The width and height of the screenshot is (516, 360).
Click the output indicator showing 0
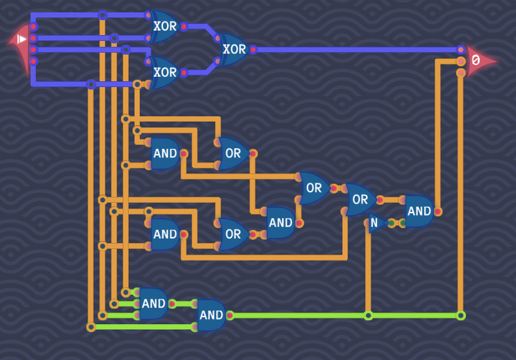tap(478, 61)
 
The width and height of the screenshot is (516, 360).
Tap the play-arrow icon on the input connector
tap(22, 39)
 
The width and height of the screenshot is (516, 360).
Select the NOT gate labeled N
tap(375, 223)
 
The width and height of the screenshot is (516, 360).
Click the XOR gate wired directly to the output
tap(233, 49)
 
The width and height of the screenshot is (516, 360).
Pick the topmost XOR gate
tap(164, 27)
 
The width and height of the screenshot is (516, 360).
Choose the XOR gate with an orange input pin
tap(164, 72)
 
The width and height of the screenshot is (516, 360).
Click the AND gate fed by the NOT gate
tap(419, 211)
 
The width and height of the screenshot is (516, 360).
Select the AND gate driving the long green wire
tap(211, 315)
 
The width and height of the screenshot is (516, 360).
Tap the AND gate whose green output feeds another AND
tap(153, 303)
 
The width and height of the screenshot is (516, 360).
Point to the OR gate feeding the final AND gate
tap(359, 199)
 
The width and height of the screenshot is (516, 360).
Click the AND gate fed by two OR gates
tap(280, 223)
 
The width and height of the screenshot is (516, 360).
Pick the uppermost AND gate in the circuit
tap(165, 153)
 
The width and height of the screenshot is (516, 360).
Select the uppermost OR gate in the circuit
tap(233, 153)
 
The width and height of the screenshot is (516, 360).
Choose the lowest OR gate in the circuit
tap(233, 234)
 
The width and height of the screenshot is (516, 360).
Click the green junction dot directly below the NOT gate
tap(368, 315)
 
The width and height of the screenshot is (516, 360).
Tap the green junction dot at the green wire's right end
tap(461, 315)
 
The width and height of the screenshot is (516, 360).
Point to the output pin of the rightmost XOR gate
tap(253, 49)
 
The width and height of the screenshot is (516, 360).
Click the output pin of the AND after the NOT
tap(438, 211)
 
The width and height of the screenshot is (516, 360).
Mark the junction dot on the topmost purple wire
tap(102, 15)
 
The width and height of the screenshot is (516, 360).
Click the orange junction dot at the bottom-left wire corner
tap(91, 327)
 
